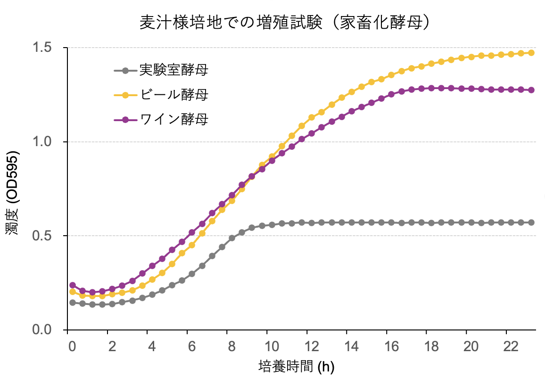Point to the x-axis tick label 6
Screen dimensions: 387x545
(191, 346)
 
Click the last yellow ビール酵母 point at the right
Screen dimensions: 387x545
(531, 53)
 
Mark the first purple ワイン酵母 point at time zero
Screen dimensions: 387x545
(73, 285)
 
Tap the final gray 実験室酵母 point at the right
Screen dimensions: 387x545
(531, 222)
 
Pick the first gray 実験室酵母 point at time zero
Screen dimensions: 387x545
(73, 303)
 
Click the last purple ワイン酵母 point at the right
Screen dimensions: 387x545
(531, 90)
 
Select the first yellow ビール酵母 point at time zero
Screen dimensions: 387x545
(73, 292)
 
